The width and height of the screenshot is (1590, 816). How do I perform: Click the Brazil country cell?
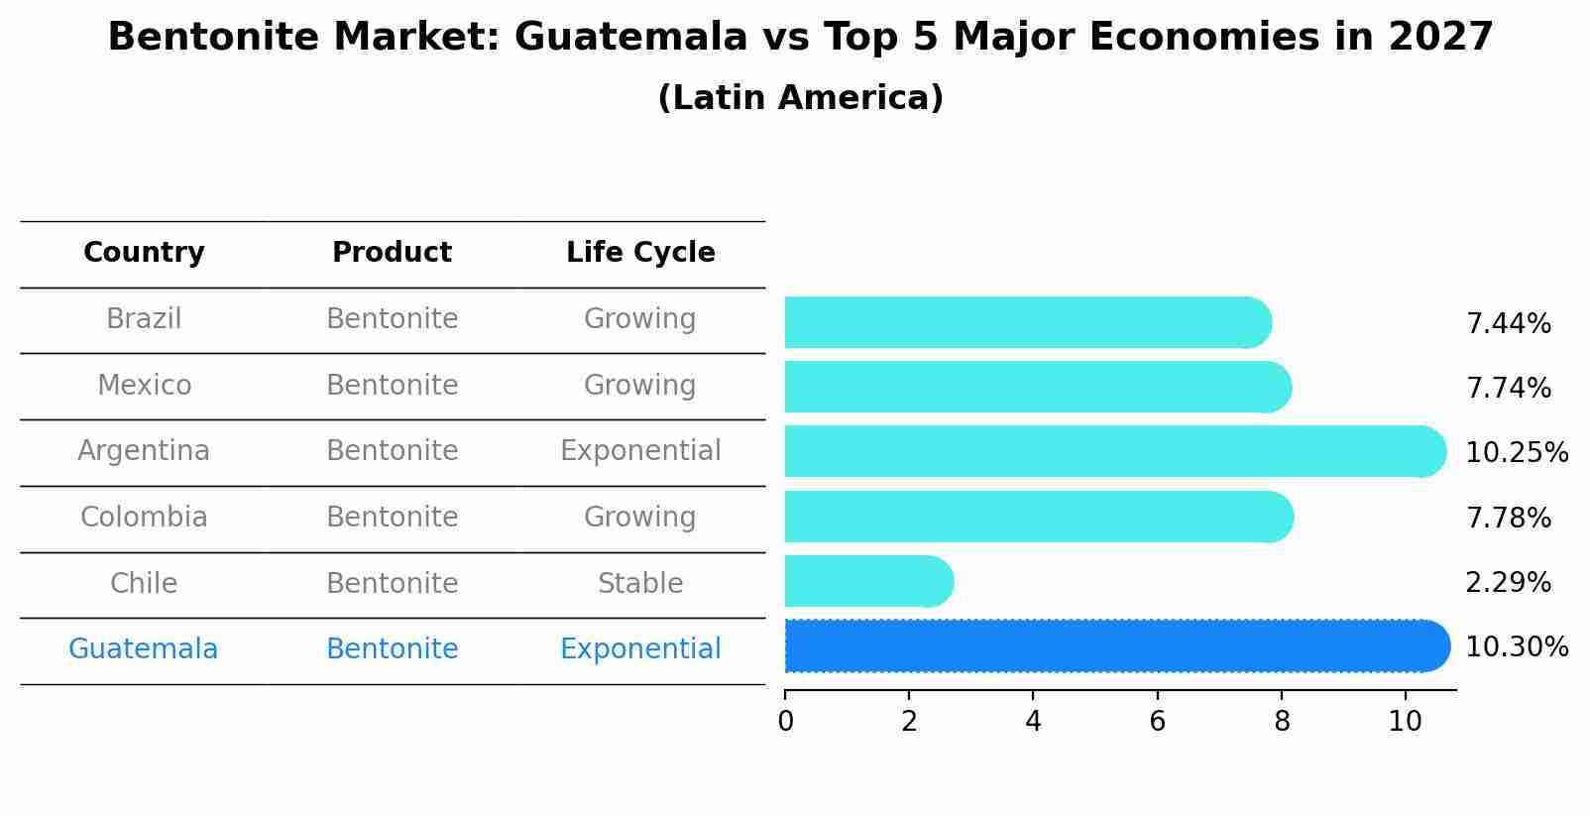[144, 319]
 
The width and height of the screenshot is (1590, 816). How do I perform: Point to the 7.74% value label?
[1508, 389]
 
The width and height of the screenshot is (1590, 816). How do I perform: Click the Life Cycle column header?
[640, 253]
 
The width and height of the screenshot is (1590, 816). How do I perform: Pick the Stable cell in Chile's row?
[640, 584]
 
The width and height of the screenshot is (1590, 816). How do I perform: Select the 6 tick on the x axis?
[1157, 722]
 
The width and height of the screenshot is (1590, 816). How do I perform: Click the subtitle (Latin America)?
[800, 98]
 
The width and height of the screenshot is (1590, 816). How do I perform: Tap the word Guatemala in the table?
[143, 649]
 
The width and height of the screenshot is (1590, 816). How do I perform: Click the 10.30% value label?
[1516, 647]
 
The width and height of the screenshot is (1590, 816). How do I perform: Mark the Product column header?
[392, 253]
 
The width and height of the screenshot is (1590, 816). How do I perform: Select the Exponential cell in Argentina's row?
[640, 451]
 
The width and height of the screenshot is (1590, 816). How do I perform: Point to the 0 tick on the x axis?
[786, 722]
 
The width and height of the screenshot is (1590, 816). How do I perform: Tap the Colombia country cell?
[144, 518]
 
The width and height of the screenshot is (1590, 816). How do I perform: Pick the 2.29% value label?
[1508, 583]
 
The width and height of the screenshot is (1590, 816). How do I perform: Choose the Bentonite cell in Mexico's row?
[392, 386]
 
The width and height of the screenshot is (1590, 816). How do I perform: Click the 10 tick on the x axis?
[1405, 722]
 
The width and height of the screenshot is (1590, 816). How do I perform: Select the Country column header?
[144, 253]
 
